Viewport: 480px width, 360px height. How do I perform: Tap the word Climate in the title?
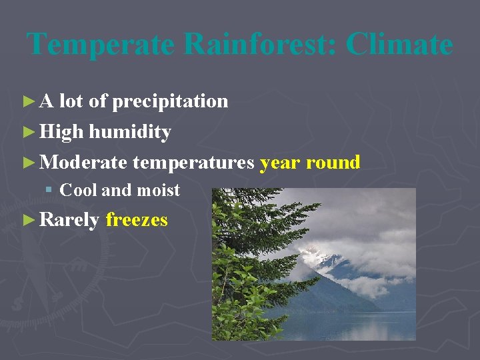pyautogui.click(x=399, y=45)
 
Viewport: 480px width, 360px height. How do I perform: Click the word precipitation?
pyautogui.click(x=170, y=101)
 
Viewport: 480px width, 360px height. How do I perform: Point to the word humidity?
pyautogui.click(x=130, y=132)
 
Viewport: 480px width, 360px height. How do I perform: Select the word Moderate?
pyautogui.click(x=83, y=162)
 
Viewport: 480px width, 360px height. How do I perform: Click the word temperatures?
pyautogui.click(x=193, y=162)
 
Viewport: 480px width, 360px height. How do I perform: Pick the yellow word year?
pyautogui.click(x=280, y=162)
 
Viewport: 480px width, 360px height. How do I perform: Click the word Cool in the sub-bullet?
pyautogui.click(x=78, y=190)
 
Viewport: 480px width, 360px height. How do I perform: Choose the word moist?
pyautogui.click(x=158, y=190)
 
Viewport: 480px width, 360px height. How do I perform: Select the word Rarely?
pyautogui.click(x=69, y=219)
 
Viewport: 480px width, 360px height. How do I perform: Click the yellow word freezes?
pyautogui.click(x=137, y=219)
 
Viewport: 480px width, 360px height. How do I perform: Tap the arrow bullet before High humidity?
pyautogui.click(x=27, y=132)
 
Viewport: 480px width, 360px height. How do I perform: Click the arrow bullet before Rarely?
pyautogui.click(x=27, y=219)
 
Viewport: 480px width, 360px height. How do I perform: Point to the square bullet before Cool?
pyautogui.click(x=49, y=191)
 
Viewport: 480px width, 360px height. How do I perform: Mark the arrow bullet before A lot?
pyautogui.click(x=27, y=101)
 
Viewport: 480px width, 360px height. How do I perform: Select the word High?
pyautogui.click(x=61, y=132)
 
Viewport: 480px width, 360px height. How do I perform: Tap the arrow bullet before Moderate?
pyautogui.click(x=27, y=162)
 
